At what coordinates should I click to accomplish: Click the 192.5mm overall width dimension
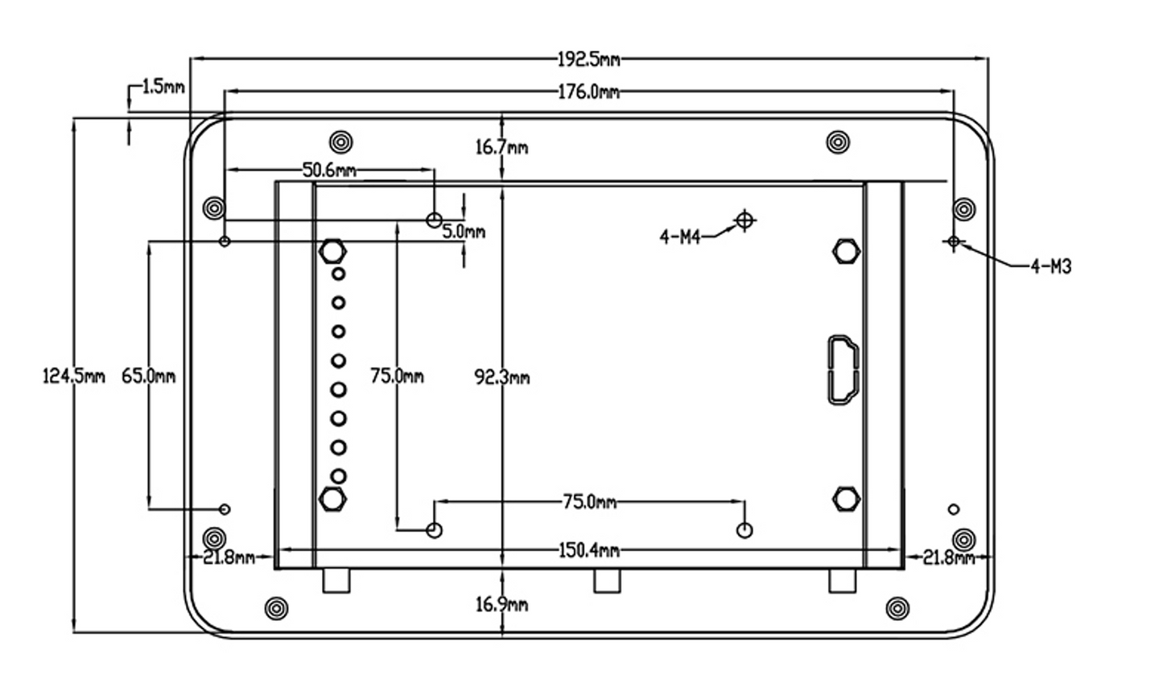point(589,59)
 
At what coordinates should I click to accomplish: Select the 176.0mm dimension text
point(589,93)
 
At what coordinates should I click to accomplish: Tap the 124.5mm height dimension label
point(73,376)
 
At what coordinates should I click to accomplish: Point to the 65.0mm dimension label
point(148,376)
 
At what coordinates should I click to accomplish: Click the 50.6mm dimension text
point(329,170)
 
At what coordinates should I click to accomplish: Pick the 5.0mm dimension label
point(464,232)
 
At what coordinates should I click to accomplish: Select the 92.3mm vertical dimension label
point(501,377)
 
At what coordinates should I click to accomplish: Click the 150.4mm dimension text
point(589,550)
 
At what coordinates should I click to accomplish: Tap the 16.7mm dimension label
point(501,147)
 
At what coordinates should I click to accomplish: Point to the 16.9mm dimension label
point(501,604)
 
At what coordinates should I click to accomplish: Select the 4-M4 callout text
point(680,237)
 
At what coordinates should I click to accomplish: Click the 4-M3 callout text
point(1051,267)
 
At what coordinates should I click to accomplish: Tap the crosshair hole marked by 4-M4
point(745,219)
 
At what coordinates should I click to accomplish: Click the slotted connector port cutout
point(843,368)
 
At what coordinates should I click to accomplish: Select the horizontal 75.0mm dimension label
point(589,502)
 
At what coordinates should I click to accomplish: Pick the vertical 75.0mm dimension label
point(397,376)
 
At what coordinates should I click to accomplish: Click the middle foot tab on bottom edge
point(608,581)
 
